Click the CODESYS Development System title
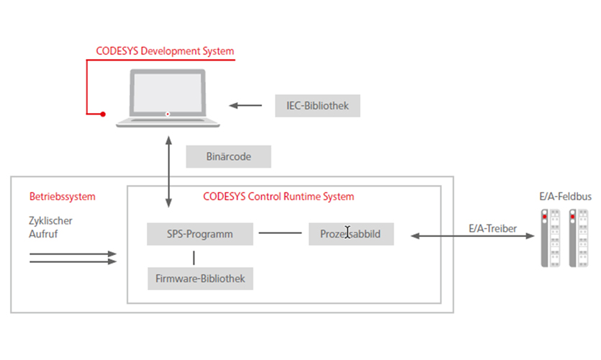165,52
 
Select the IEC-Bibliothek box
317,106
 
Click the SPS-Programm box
200,234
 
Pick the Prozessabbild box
351,234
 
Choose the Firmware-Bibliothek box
200,278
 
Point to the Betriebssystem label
62,196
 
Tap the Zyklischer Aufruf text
46,228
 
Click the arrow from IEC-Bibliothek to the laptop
246,106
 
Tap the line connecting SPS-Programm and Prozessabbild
281,233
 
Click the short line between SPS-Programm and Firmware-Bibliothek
194,256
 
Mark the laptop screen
167,94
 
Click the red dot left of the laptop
103,114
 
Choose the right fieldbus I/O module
576,238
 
